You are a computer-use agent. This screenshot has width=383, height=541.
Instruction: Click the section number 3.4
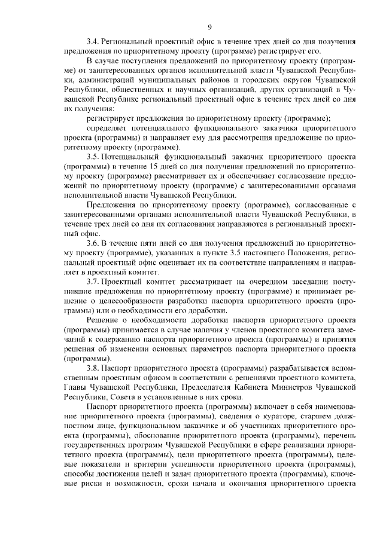pyautogui.click(x=93, y=42)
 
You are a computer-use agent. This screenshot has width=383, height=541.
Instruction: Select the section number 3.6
pyautogui.click(x=93, y=243)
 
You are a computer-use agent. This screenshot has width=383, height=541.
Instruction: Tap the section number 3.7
pyautogui.click(x=93, y=282)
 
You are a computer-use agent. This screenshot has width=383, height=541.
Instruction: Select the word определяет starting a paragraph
pyautogui.click(x=108, y=128)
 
